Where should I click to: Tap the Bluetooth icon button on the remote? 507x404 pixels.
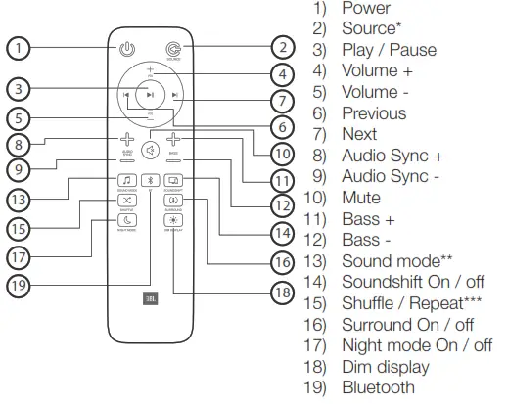point(150,180)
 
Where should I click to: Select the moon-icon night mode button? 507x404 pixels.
point(126,220)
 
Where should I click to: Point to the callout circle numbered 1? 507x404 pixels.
point(18,46)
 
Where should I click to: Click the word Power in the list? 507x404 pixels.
point(365,9)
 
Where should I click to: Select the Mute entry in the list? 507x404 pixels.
point(360,197)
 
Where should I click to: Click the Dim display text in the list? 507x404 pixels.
point(385,366)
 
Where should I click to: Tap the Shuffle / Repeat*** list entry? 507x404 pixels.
point(404,302)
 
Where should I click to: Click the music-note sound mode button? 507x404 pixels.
point(126,180)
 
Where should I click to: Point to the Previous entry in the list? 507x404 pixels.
point(374,112)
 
